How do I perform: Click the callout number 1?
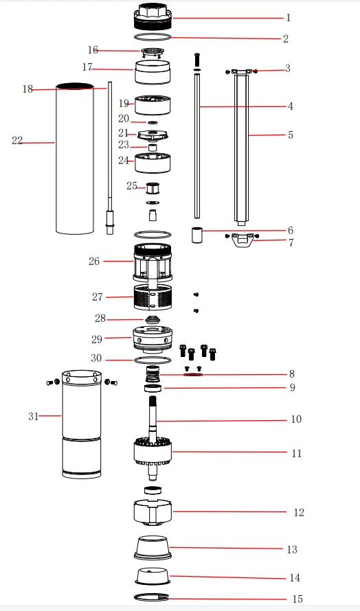[289, 18]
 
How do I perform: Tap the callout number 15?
[297, 599]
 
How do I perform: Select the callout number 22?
[17, 141]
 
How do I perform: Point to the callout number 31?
[33, 416]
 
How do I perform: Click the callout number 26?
[94, 261]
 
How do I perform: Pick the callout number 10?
[296, 419]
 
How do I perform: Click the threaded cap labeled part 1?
[153, 16]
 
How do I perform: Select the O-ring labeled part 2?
[153, 37]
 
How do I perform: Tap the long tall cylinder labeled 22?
[75, 158]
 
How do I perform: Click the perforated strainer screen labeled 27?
[153, 297]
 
